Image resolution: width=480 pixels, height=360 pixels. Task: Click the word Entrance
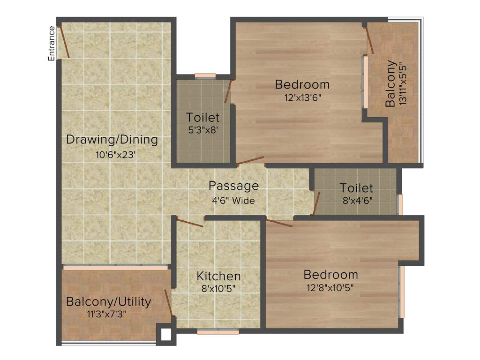52,44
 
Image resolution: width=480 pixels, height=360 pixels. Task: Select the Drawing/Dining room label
112,140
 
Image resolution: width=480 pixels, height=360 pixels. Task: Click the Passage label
233,186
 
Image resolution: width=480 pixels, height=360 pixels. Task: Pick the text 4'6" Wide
233,201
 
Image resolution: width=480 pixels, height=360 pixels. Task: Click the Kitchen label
218,276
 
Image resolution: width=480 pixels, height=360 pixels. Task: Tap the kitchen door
190,222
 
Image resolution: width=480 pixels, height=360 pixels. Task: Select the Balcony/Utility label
109,301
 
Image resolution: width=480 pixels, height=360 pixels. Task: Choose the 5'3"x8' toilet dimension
203,131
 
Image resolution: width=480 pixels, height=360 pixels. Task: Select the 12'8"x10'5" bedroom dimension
330,287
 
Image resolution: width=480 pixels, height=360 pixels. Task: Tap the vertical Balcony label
390,84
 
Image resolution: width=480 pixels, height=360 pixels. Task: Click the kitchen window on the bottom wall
217,332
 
